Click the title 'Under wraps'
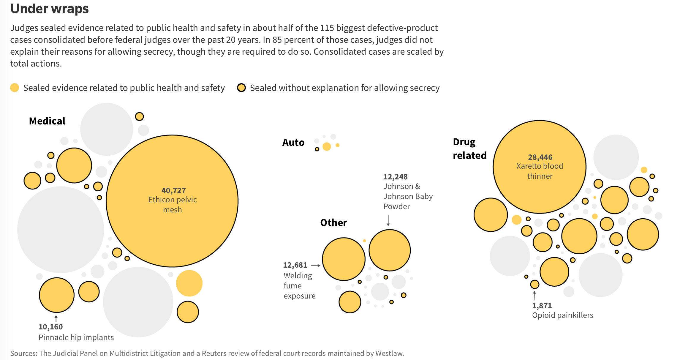[50, 9]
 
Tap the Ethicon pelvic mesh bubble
[172, 201]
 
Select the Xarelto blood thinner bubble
[540, 167]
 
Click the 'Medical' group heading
[47, 121]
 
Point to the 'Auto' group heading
[293, 143]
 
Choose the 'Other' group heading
[333, 223]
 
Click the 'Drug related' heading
[470, 149]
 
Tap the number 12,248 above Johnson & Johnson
[396, 177]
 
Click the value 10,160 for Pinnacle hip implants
[51, 327]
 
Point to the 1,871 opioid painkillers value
[542, 306]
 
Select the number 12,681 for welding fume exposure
[295, 265]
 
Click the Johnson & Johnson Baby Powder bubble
[390, 250]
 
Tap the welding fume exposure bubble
[344, 259]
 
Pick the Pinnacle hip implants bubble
[57, 295]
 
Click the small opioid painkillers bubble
[535, 284]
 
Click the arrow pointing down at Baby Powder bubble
[388, 220]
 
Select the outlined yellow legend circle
[241, 88]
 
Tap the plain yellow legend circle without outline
[15, 88]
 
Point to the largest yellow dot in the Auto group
[327, 146]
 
